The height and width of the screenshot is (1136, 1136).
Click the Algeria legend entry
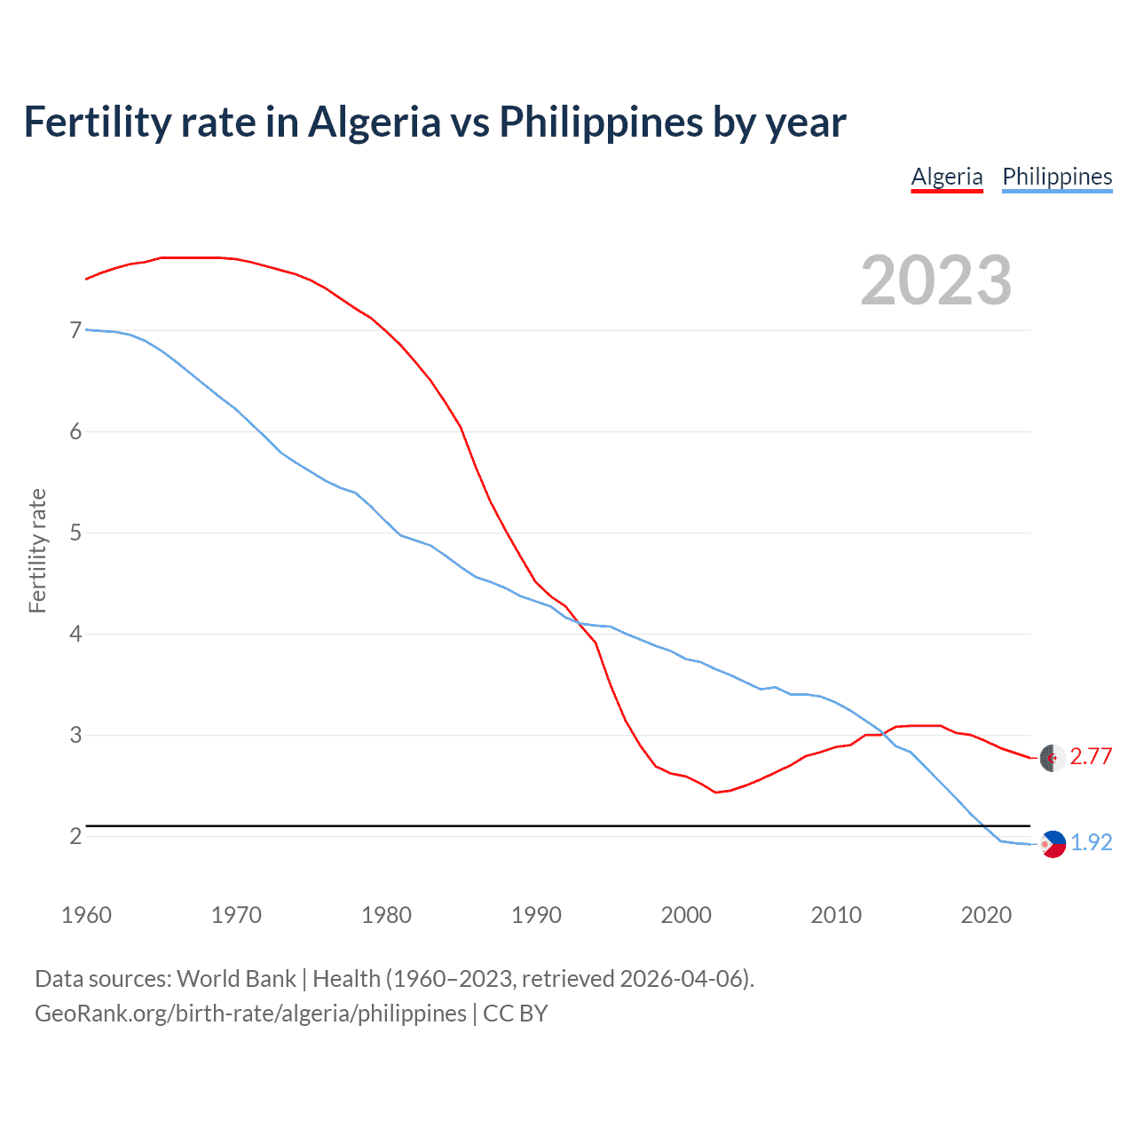(x=947, y=177)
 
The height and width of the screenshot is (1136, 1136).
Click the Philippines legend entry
(x=1057, y=177)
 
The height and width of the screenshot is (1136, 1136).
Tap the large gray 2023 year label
(x=936, y=280)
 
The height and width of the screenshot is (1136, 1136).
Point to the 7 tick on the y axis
(x=75, y=330)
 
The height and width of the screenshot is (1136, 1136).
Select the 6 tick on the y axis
(x=75, y=431)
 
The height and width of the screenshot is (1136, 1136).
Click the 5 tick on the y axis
(x=75, y=532)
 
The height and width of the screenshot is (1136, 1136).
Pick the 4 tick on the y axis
(x=75, y=634)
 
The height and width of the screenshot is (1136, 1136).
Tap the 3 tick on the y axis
(x=75, y=735)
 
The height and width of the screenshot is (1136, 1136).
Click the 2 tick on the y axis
(x=75, y=836)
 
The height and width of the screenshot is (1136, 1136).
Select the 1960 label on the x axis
(x=86, y=915)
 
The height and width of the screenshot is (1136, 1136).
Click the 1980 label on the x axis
(x=386, y=915)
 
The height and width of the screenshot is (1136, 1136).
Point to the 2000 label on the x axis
(x=686, y=915)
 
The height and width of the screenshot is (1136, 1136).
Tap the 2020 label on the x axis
(x=986, y=915)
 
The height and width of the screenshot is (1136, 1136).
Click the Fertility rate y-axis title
(x=37, y=550)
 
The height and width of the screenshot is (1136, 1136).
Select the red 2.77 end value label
(x=1091, y=756)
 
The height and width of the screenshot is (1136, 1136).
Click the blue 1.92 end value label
(x=1091, y=842)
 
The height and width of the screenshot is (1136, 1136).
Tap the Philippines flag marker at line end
(x=1053, y=844)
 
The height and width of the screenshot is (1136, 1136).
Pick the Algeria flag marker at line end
(x=1052, y=758)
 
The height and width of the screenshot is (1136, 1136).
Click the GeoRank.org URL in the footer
(x=250, y=1014)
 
